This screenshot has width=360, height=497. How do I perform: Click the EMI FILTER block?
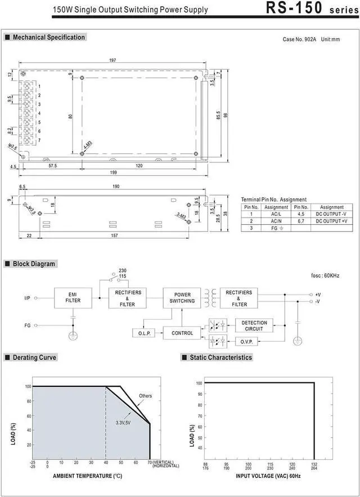[x=73, y=298]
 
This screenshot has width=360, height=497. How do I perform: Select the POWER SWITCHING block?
[x=182, y=298]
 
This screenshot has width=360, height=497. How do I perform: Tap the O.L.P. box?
[x=145, y=333]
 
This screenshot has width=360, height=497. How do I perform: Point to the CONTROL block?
[x=182, y=333]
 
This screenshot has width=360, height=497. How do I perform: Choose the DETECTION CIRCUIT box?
[x=254, y=326]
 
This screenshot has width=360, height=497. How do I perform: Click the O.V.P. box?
[x=246, y=341]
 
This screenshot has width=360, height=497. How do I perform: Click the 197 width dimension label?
[x=112, y=60]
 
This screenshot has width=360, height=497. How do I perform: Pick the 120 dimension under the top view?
[x=139, y=165]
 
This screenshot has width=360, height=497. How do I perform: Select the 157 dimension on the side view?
[x=115, y=235]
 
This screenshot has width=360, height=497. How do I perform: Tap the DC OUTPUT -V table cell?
[x=331, y=214]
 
